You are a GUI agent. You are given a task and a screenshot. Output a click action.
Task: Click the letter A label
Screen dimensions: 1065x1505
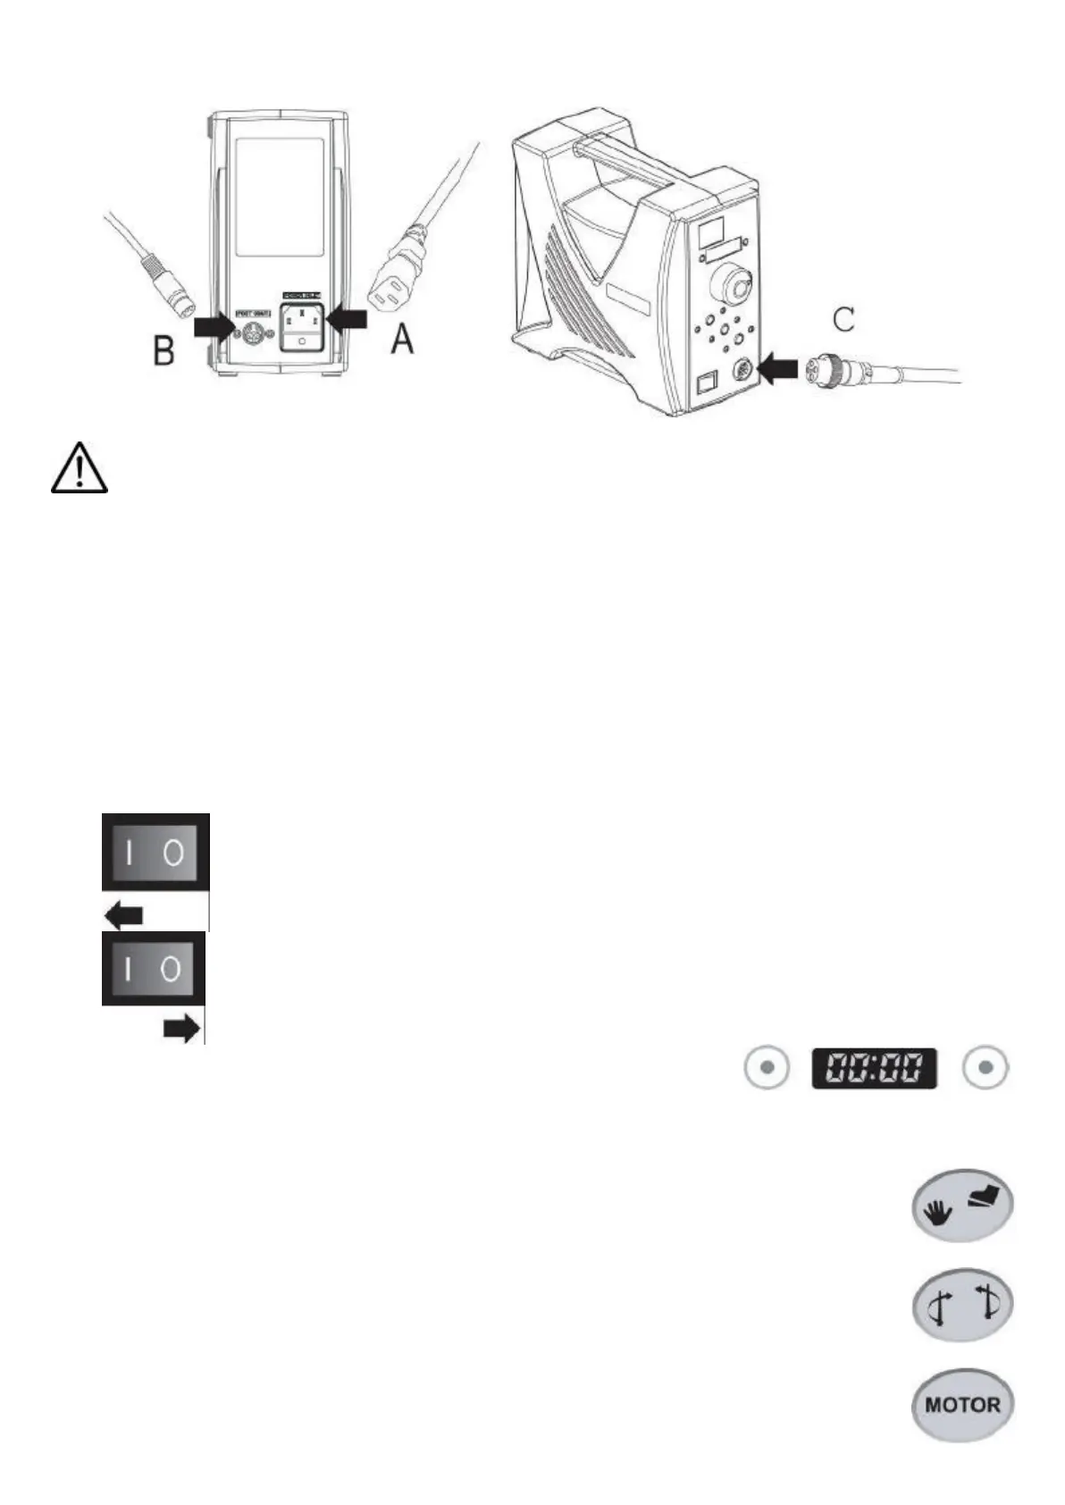point(404,340)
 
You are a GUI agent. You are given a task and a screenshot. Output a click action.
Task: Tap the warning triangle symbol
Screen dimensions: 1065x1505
point(80,467)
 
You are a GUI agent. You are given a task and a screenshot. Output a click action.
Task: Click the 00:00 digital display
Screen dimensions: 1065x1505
point(874,1068)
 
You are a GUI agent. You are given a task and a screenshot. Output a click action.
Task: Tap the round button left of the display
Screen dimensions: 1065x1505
point(767,1067)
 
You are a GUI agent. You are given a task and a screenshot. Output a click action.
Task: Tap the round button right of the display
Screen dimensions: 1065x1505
point(985,1067)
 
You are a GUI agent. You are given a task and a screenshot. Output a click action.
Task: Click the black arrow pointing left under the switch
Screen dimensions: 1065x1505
point(124,915)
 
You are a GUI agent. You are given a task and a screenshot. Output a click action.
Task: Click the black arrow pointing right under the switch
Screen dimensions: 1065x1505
point(181,1030)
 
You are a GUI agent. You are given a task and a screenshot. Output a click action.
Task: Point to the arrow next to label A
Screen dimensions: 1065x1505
point(347,317)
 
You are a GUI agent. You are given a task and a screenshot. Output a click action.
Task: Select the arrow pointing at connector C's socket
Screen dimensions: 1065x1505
point(776,367)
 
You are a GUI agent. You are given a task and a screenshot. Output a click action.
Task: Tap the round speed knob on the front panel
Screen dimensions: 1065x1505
point(729,288)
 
